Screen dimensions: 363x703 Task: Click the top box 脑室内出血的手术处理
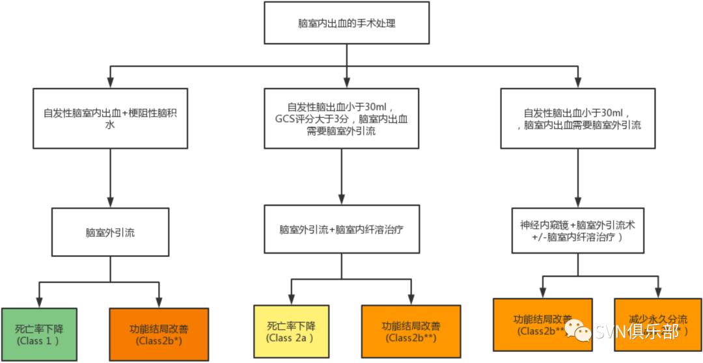[347, 23]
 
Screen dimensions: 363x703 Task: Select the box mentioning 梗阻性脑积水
[110, 118]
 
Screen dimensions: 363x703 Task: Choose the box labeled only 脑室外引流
[110, 232]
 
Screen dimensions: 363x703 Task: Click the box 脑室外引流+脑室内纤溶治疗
[342, 229]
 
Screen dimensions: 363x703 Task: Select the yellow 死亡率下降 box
[290, 332]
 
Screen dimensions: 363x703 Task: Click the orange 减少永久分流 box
[657, 325]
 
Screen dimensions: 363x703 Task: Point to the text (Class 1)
[38, 340]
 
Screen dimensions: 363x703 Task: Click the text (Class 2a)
[290, 338]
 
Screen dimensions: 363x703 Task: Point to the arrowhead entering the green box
[39, 302]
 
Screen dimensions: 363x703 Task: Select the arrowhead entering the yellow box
[290, 299]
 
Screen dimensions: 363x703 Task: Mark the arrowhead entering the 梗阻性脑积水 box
[110, 82]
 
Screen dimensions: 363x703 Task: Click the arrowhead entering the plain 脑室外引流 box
[110, 202]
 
